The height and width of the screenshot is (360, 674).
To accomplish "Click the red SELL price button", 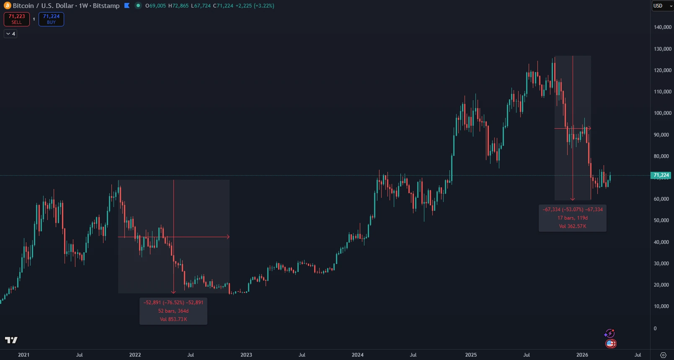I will pyautogui.click(x=17, y=19).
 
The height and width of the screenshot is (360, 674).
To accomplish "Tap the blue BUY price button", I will pyautogui.click(x=51, y=19).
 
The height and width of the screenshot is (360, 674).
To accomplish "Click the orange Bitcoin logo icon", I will pyautogui.click(x=7, y=5).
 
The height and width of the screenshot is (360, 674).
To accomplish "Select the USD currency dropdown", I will pyautogui.click(x=662, y=6).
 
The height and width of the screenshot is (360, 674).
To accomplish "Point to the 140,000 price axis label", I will pyautogui.click(x=662, y=27).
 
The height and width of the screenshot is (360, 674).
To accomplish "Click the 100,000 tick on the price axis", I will pyautogui.click(x=662, y=113).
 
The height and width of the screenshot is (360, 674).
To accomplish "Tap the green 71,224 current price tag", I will pyautogui.click(x=661, y=175).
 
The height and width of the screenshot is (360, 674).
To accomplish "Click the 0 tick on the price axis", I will pyautogui.click(x=655, y=328).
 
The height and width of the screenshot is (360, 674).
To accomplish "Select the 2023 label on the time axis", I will pyautogui.click(x=246, y=355).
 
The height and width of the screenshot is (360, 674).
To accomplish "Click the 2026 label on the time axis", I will pyautogui.click(x=582, y=355).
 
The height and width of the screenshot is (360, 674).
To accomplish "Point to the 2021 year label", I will pyautogui.click(x=24, y=355).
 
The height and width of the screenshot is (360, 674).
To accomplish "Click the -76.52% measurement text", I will pyautogui.click(x=173, y=303).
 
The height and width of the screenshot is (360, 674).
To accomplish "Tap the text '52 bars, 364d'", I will pyautogui.click(x=173, y=311).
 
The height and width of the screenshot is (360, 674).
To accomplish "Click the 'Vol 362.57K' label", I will pyautogui.click(x=573, y=226).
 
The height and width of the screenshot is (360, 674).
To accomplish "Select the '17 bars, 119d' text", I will pyautogui.click(x=573, y=218).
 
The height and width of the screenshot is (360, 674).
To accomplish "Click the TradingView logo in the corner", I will pyautogui.click(x=11, y=340).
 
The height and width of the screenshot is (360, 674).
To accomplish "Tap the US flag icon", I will pyautogui.click(x=610, y=344).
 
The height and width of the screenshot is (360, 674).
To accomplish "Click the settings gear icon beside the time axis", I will pyautogui.click(x=663, y=355).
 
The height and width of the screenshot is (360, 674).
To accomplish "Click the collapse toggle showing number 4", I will pyautogui.click(x=10, y=34).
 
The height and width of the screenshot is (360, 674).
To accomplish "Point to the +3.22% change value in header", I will pyautogui.click(x=264, y=6).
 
